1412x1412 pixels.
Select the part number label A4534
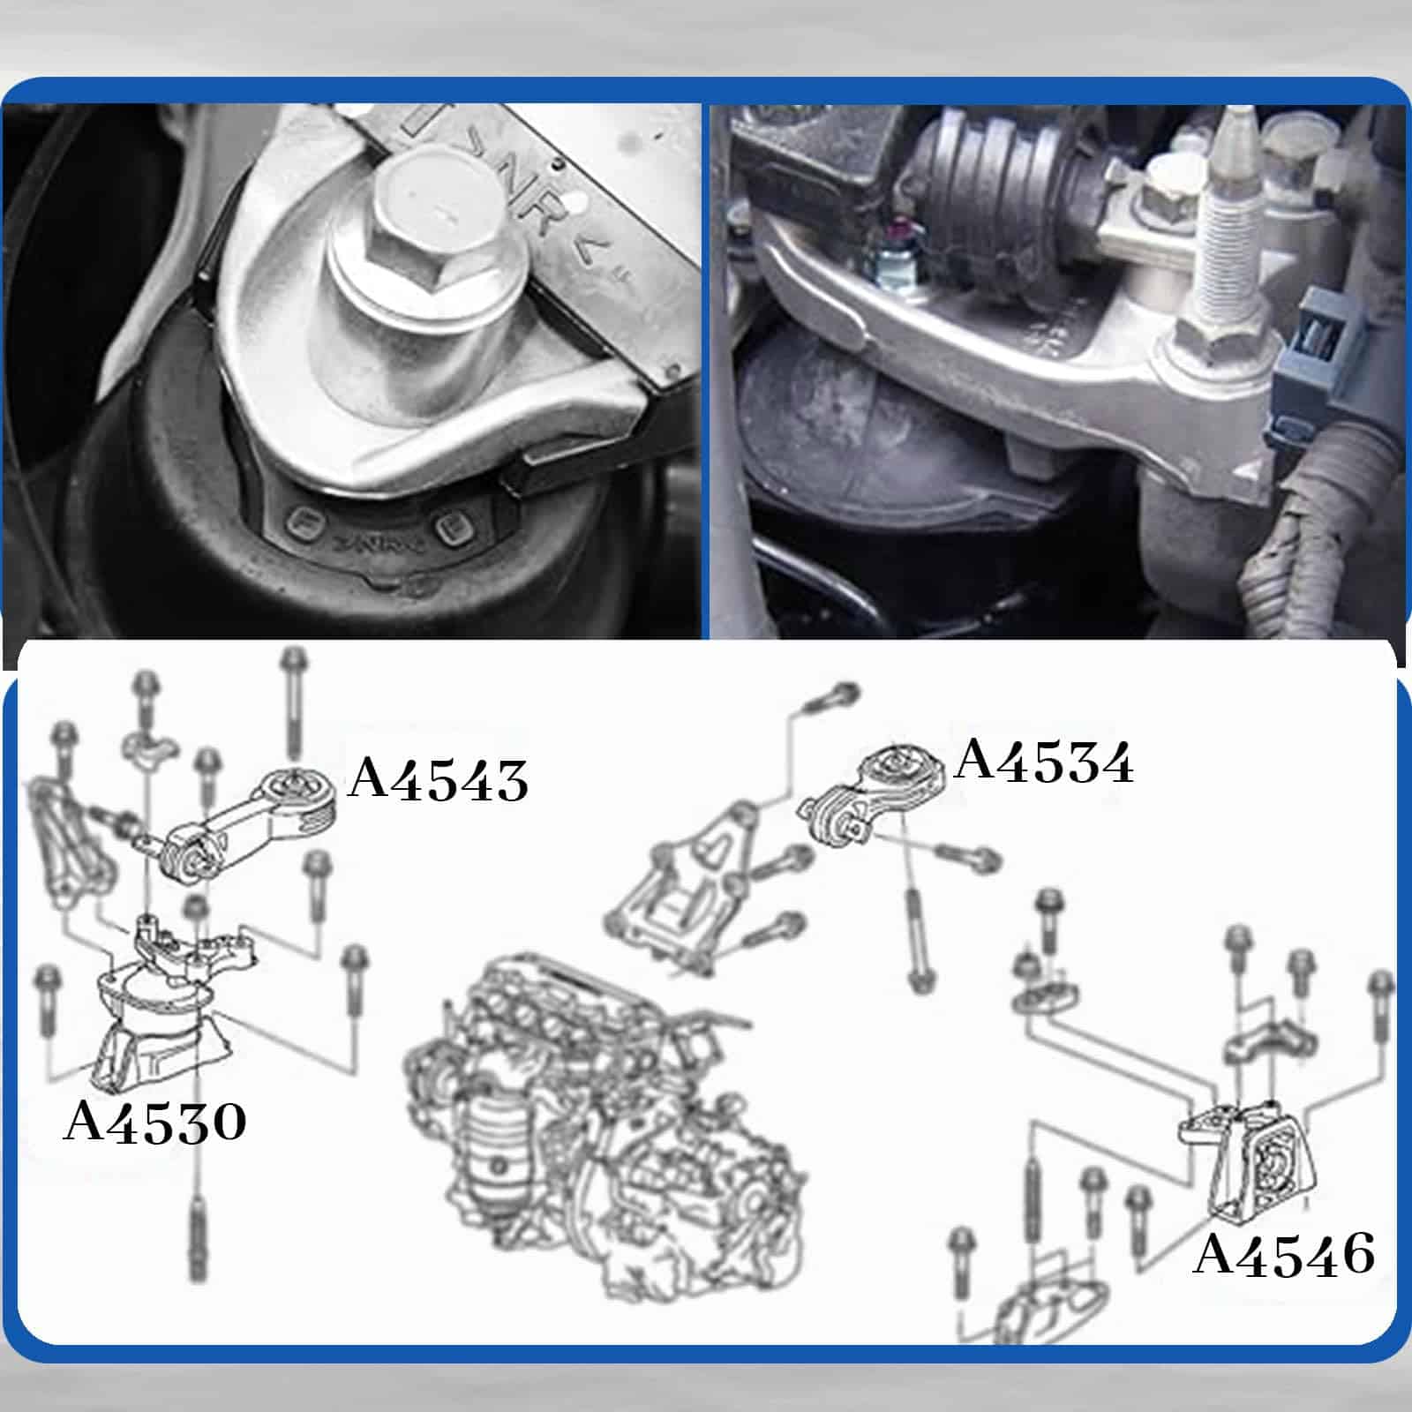tap(1044, 762)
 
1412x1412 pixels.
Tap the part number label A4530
tap(155, 1123)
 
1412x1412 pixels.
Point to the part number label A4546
tap(1284, 1255)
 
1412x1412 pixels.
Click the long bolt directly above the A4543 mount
tap(292, 706)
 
